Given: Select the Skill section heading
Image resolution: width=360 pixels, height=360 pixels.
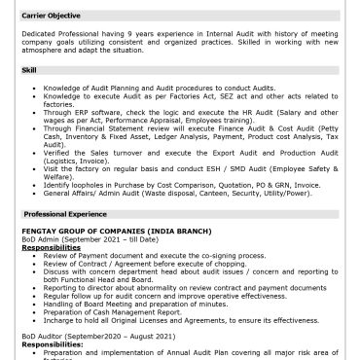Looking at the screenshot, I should click(x=30, y=70).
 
